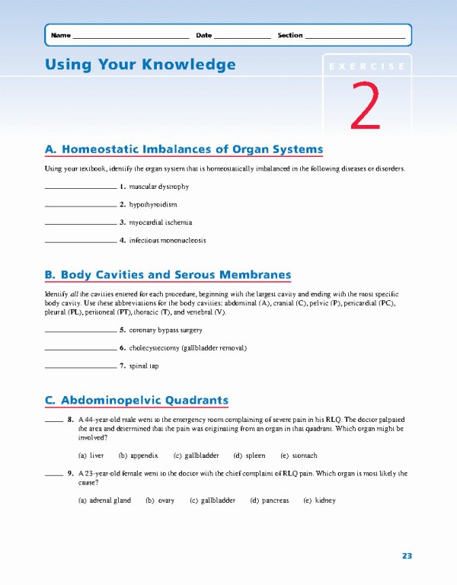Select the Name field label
coord(60,36)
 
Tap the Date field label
coord(203,36)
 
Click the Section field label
coord(289,36)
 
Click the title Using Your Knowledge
coord(140,65)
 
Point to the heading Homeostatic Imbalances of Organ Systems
coord(184,149)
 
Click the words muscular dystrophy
coord(159,187)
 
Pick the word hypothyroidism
coord(153,205)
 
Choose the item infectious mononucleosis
coord(168,241)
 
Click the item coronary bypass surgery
coord(165,331)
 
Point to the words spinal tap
coord(144,366)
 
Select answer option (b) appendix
coord(138,456)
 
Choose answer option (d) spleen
coord(249,456)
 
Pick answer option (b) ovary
coord(160,500)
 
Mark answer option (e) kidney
coord(319,500)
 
